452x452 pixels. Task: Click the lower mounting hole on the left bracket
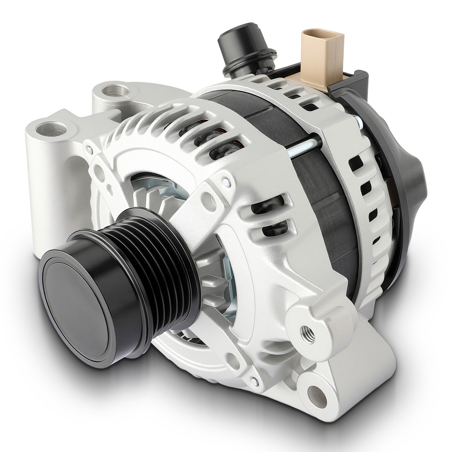51,129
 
